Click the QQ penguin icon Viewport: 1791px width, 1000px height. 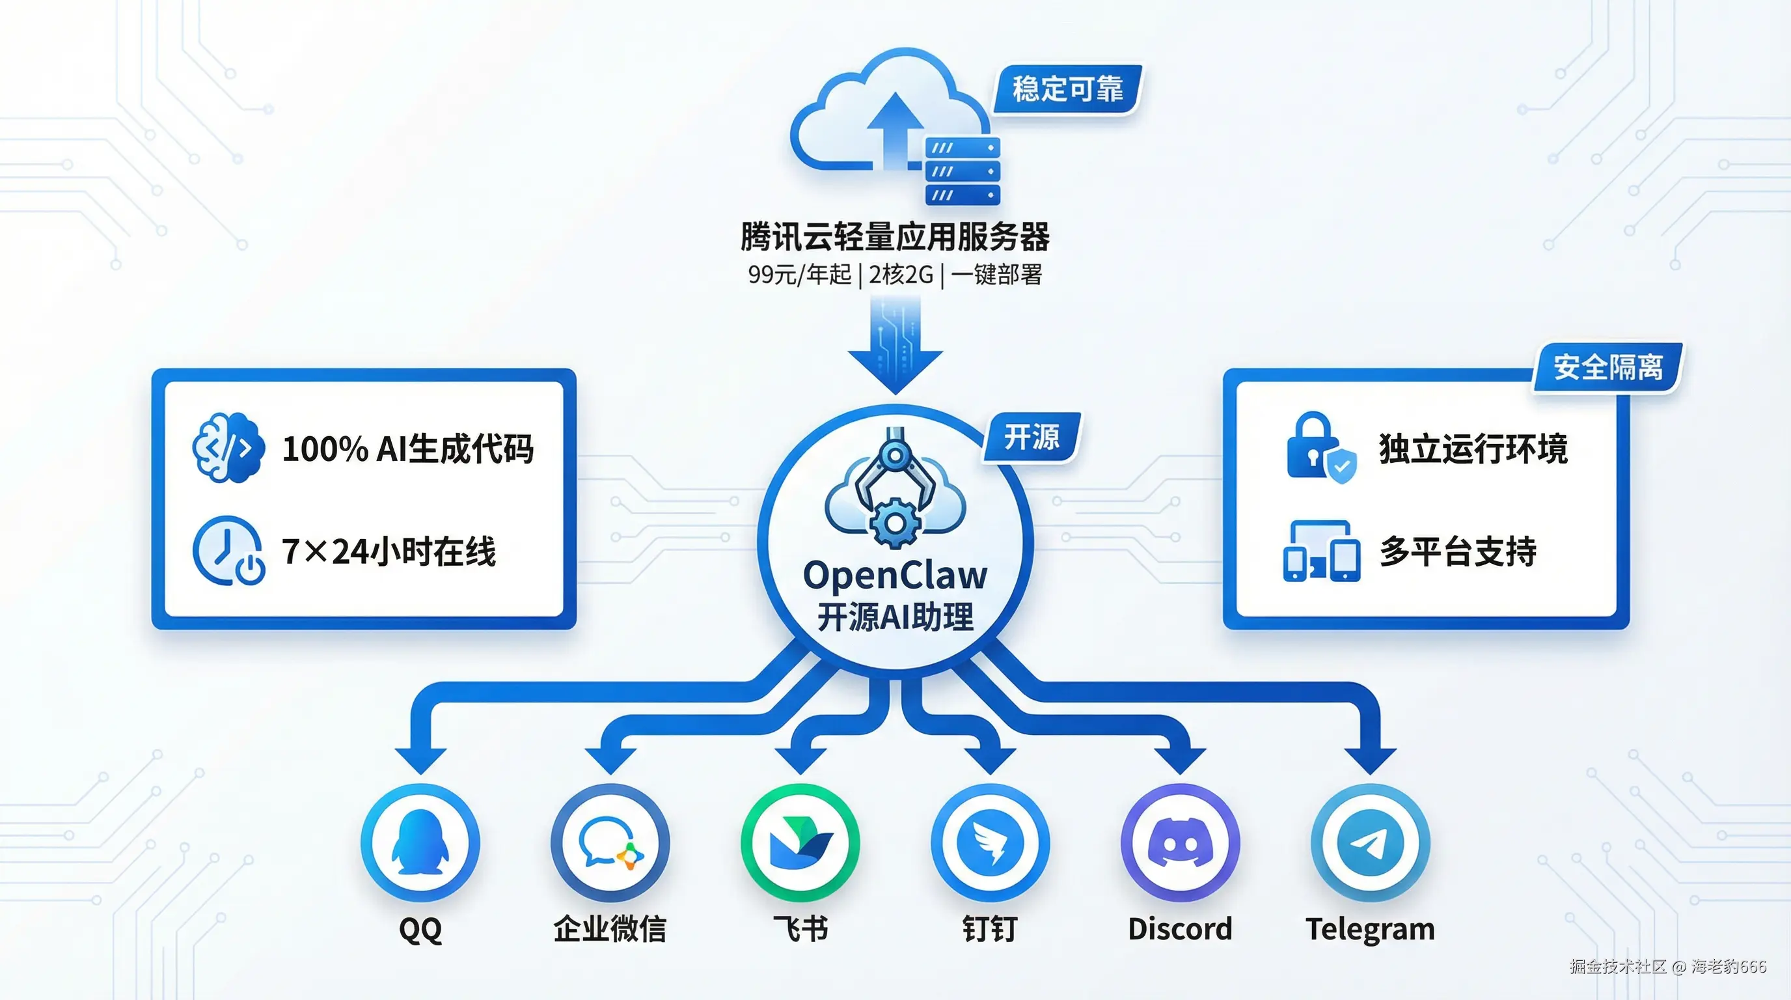tap(420, 842)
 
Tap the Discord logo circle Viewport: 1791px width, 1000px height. tap(1180, 842)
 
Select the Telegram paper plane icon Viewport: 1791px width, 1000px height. tap(1370, 842)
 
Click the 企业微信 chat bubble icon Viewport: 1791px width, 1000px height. tap(610, 842)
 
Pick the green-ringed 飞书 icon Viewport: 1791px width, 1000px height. tap(800, 842)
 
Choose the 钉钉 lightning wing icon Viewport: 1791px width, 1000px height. tap(990, 842)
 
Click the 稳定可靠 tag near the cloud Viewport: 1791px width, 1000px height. tap(1067, 89)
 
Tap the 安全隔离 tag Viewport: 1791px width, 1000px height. tap(1607, 367)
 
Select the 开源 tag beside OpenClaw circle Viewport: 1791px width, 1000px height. tap(1031, 437)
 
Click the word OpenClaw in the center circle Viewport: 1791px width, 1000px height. tap(895, 575)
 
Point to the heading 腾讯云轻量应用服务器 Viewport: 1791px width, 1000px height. tap(895, 236)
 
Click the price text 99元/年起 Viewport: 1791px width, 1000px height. tap(800, 275)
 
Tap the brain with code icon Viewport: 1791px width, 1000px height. tap(228, 447)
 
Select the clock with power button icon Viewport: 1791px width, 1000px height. tap(228, 551)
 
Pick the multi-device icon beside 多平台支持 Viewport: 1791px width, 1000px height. tap(1321, 551)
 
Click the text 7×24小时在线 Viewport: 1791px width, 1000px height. tap(388, 551)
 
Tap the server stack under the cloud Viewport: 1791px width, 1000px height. tap(963, 171)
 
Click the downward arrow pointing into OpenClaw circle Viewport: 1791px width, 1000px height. tap(895, 348)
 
